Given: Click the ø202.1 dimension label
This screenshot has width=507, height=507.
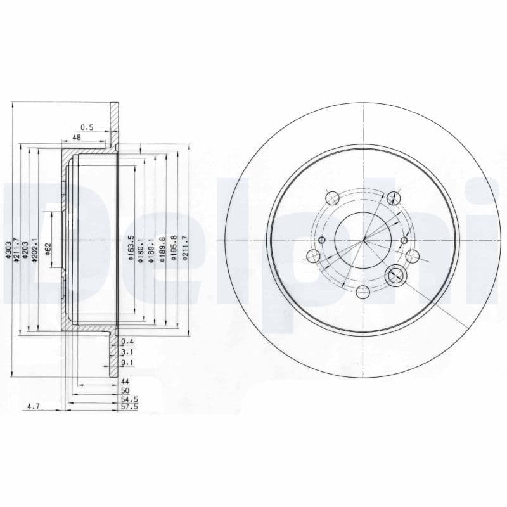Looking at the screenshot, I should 35,249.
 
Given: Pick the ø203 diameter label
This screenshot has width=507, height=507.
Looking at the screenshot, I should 27,248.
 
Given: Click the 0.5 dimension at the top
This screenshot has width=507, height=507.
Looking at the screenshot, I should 87,127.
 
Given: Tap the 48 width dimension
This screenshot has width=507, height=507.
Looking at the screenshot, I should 77,137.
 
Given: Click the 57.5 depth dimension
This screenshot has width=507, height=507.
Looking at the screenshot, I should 129,408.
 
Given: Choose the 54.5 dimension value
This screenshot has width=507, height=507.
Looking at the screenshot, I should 129,400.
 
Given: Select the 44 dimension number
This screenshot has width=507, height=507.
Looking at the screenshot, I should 125,383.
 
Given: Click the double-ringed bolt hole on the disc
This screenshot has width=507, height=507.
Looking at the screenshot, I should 395,274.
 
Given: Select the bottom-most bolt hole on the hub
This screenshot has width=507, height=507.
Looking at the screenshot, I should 363,292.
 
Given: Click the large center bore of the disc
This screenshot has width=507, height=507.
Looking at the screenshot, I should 363,240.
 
